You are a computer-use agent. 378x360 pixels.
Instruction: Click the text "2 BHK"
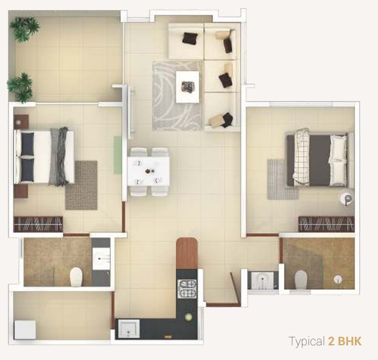[344, 342]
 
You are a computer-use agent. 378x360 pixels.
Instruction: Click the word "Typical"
[307, 342]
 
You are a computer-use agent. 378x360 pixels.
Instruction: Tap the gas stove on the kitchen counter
[187, 289]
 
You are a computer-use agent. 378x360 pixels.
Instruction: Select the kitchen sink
[128, 329]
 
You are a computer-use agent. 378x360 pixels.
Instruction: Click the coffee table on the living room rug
[188, 87]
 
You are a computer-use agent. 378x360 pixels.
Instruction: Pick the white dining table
[148, 171]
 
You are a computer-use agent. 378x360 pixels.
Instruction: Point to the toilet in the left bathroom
[77, 277]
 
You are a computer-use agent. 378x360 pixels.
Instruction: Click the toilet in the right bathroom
[301, 279]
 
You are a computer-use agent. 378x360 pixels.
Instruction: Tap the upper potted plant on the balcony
[24, 28]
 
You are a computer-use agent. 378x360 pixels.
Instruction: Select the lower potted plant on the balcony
[20, 87]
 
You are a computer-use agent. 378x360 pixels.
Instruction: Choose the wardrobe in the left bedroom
[38, 224]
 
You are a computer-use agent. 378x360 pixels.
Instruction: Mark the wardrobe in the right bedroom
[326, 224]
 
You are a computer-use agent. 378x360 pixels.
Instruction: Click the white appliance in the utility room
[25, 330]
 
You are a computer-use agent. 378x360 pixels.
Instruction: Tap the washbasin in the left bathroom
[101, 259]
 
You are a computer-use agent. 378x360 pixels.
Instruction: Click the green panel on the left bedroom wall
[118, 154]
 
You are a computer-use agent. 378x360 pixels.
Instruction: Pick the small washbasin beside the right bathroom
[263, 280]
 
